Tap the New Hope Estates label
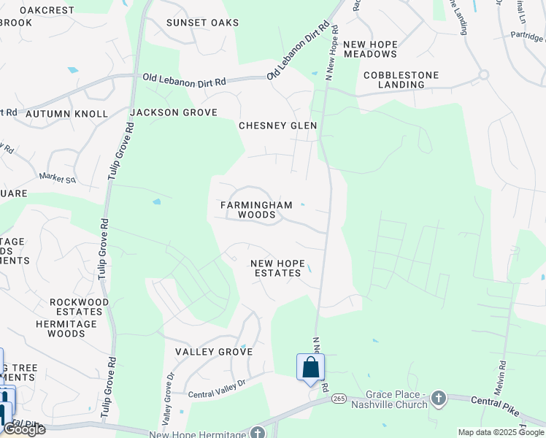[x=275, y=268]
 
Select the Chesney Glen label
[x=278, y=126]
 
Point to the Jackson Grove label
[x=174, y=112]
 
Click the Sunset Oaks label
[x=202, y=23]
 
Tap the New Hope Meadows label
[x=370, y=49]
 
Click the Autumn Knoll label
[x=66, y=114]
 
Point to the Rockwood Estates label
[x=80, y=307]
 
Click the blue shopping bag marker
[x=310, y=367]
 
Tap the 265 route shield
[x=339, y=399]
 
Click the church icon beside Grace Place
[x=438, y=398]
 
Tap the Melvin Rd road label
[x=499, y=380]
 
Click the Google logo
[x=23, y=429]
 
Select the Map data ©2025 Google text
[x=500, y=432]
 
